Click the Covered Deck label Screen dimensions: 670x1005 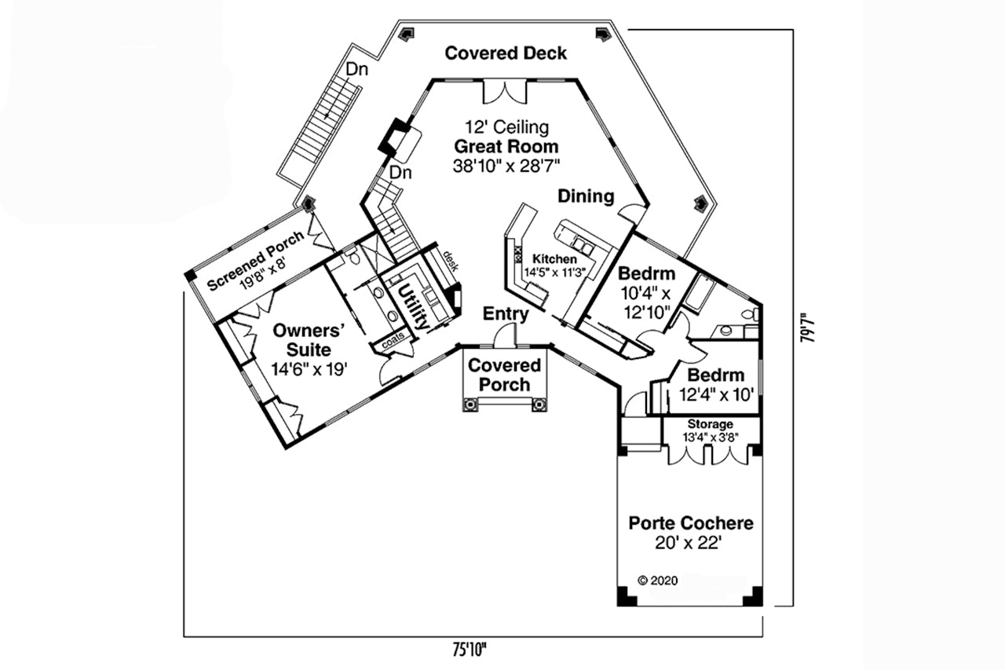[506, 53]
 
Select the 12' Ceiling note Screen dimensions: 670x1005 [506, 127]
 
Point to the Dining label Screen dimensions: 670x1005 [586, 196]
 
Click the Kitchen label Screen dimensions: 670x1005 [554, 259]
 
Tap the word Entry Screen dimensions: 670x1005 [505, 314]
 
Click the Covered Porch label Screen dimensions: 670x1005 [504, 375]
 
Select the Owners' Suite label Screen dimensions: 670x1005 [302, 339]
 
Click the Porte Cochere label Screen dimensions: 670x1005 [691, 523]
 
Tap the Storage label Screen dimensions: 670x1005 [711, 424]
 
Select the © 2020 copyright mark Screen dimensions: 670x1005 [657, 580]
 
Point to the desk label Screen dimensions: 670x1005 [450, 260]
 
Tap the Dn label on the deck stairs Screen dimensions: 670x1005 [357, 69]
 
